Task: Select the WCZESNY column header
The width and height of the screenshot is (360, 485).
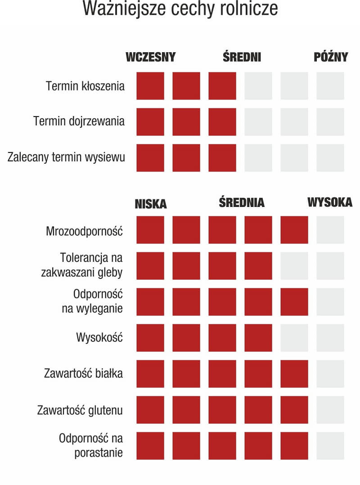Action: point(150,57)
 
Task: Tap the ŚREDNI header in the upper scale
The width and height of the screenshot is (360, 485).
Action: point(242,57)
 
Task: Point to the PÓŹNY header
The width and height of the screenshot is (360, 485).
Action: point(331,57)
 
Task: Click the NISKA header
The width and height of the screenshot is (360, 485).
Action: point(150,204)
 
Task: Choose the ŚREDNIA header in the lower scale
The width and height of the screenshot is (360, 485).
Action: point(242,202)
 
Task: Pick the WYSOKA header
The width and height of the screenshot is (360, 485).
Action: point(330,202)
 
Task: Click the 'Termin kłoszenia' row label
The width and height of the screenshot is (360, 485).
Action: point(85,86)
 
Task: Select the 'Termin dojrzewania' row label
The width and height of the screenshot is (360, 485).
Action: point(79,121)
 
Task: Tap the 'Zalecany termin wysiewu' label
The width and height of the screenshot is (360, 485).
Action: point(66,157)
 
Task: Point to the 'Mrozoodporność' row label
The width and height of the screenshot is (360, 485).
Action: point(85,231)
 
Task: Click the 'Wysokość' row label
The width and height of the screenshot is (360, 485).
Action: point(99,337)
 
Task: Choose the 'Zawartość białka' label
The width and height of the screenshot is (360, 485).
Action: point(83,373)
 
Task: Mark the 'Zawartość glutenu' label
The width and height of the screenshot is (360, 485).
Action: point(80,410)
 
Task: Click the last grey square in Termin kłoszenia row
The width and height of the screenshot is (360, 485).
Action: point(330,86)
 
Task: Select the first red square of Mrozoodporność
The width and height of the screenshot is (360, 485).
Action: point(150,230)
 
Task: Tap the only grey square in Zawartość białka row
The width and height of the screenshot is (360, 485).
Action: point(330,374)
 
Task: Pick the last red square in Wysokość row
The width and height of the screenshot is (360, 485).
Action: point(258,338)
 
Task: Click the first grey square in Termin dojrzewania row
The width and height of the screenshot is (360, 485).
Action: point(258,122)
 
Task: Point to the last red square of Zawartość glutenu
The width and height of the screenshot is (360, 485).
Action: point(294,410)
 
